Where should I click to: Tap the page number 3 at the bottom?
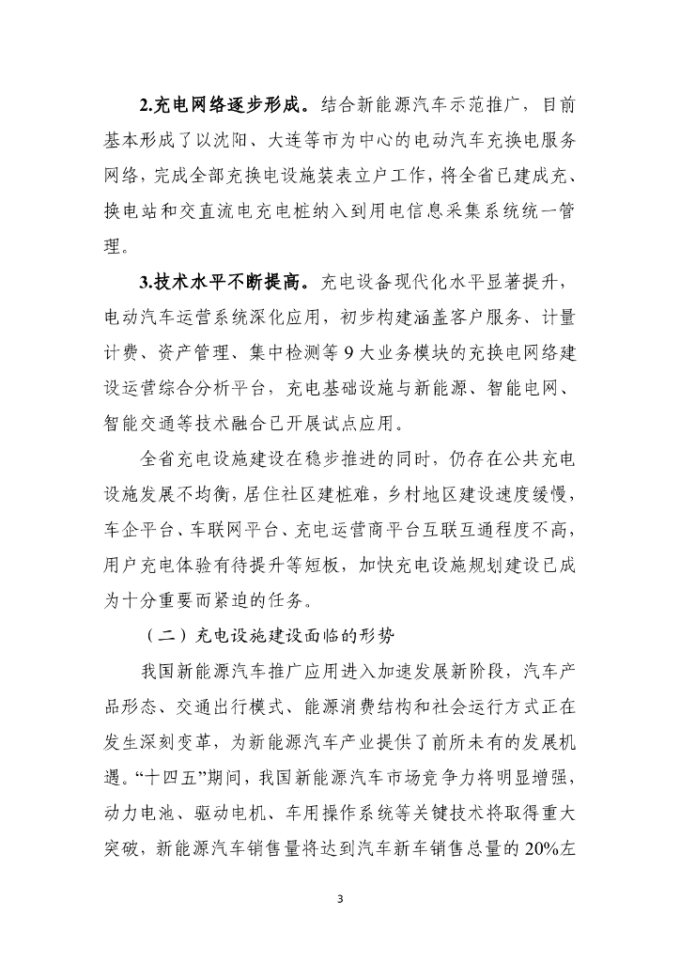340,899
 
